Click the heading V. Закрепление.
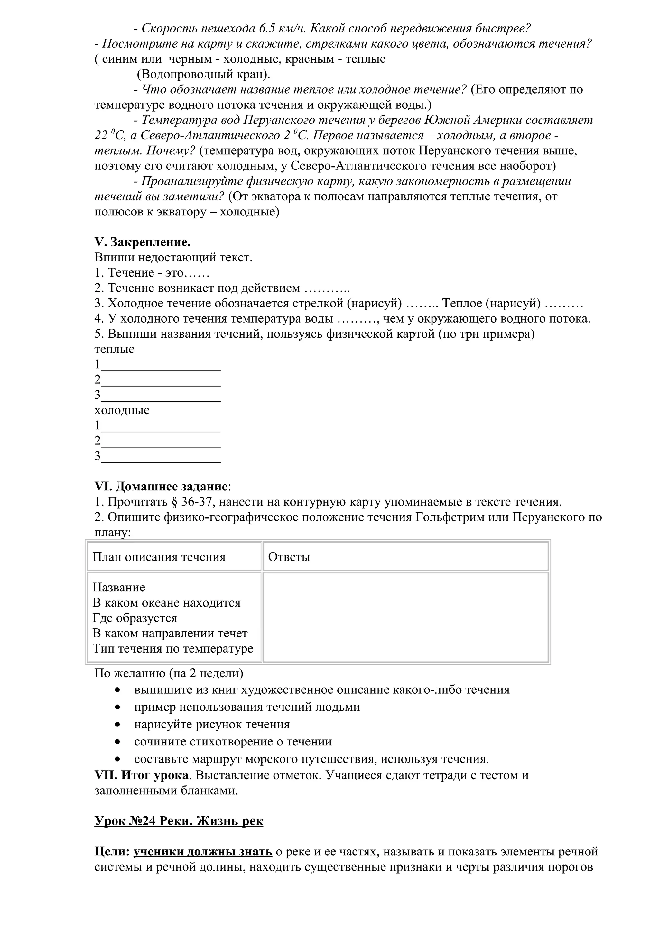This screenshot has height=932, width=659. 143,242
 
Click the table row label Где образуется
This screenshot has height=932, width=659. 135,618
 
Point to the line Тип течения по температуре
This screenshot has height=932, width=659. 172,648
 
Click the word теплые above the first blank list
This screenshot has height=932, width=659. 114,349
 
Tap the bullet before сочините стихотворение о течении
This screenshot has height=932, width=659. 118,742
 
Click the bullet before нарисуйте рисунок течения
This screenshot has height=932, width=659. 118,725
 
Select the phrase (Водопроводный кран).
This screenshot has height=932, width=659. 203,74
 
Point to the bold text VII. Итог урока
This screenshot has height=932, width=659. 141,775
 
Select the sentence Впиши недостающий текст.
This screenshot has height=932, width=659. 173,257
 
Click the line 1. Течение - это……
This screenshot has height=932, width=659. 152,273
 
